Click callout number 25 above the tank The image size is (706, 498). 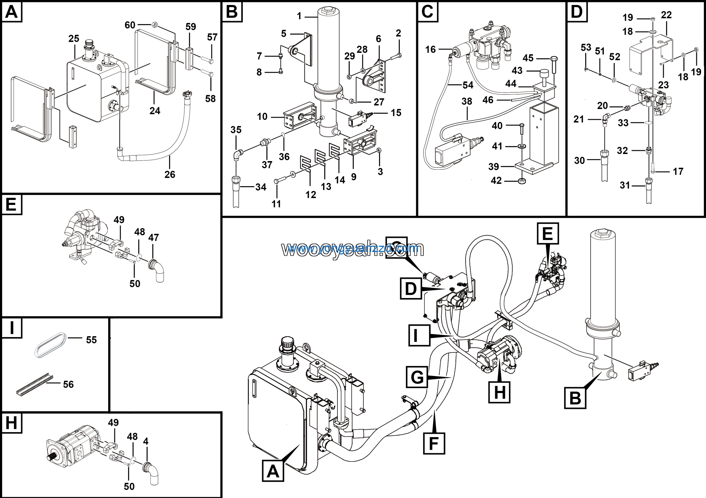pos(74,39)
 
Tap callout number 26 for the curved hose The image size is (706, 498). pos(170,174)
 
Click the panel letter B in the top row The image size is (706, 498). pos(232,12)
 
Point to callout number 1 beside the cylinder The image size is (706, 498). pos(299,16)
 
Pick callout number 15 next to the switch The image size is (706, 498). pos(396,113)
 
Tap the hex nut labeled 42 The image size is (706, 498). pos(522,181)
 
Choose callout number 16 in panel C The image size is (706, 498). pos(430,49)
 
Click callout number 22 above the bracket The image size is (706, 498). pos(666,15)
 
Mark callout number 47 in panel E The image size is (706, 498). pos(154,237)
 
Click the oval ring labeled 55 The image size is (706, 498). pos(50,345)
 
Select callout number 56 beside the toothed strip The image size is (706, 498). pos(68,384)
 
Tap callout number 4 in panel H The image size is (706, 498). pos(146,441)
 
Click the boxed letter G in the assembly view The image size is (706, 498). pos(417,377)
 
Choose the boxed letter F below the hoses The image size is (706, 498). pos(434,443)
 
